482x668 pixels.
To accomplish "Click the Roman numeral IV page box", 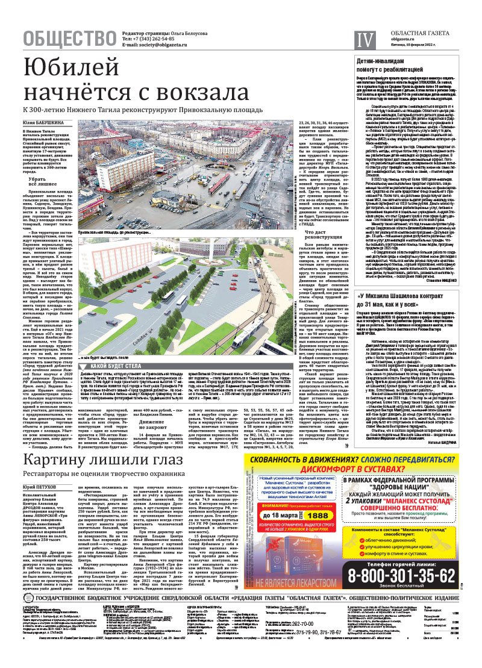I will pyautogui.click(x=364, y=40).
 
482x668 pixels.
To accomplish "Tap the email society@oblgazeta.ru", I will pyautogui.click(x=156, y=46).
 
